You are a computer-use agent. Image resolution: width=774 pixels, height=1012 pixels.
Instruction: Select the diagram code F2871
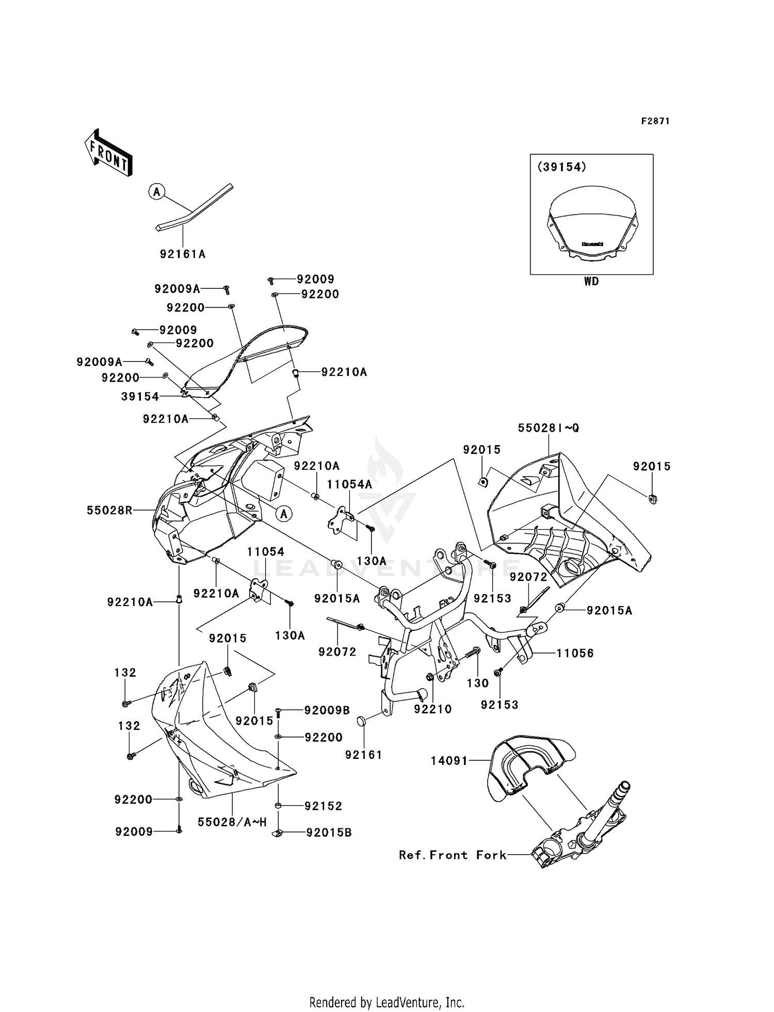coord(655,121)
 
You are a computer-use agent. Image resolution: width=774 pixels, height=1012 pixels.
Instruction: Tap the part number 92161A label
coord(183,254)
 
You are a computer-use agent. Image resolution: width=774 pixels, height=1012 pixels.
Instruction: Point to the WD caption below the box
coord(591,282)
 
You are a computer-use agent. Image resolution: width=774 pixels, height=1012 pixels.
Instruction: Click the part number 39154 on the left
coord(140,396)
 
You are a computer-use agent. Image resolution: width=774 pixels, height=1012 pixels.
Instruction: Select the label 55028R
coord(109,511)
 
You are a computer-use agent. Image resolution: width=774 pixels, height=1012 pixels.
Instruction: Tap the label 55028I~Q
coord(549,428)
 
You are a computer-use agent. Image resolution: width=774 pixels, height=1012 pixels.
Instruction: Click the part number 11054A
coord(349,484)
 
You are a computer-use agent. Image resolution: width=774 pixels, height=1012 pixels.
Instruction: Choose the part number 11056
coord(575,653)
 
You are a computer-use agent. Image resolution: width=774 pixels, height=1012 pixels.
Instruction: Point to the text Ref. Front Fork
coord(453,855)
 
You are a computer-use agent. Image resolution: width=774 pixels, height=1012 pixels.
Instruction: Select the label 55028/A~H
coord(232,822)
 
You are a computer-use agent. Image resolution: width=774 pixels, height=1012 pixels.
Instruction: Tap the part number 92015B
coord(328,833)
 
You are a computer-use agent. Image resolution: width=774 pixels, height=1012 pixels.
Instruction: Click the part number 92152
coord(323,806)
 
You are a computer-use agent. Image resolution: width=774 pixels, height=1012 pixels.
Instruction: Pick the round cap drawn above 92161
coord(362,721)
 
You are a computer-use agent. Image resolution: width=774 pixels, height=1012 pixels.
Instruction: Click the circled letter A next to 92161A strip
coord(156,192)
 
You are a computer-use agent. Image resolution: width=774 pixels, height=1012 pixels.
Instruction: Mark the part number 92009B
coord(327,710)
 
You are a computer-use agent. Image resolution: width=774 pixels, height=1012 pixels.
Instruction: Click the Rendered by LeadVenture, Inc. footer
coord(386,1002)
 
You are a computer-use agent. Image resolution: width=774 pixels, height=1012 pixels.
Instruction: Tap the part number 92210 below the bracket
coord(432,709)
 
